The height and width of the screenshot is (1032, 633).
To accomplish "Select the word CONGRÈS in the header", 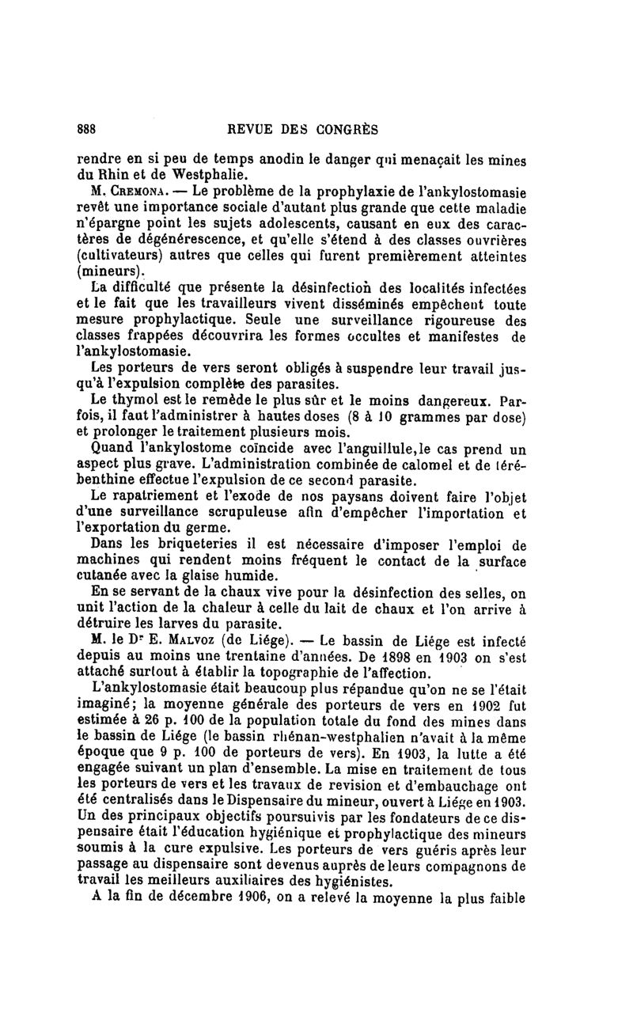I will point(347,129).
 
